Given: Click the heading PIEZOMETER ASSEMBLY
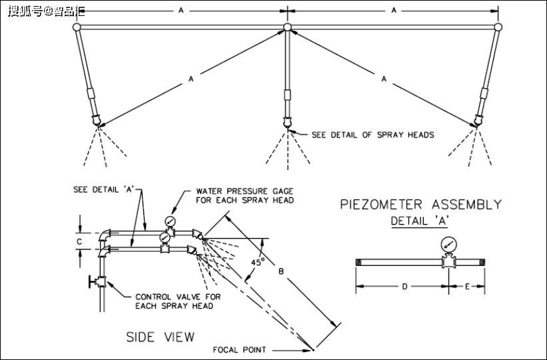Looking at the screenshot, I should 420,204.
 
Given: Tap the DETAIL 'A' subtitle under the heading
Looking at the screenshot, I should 420,220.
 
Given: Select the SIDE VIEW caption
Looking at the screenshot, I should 161,337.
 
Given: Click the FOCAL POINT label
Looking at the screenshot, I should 239,349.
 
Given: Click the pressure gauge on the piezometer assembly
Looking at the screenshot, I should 447,245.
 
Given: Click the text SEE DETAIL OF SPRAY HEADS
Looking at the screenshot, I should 372,135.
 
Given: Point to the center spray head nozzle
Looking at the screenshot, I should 287,124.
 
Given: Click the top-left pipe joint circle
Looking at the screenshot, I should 77,27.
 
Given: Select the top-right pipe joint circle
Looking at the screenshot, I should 498,27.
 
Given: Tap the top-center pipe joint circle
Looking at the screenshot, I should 287,27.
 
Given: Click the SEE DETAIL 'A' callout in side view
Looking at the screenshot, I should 105,189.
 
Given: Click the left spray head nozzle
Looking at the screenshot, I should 97,121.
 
